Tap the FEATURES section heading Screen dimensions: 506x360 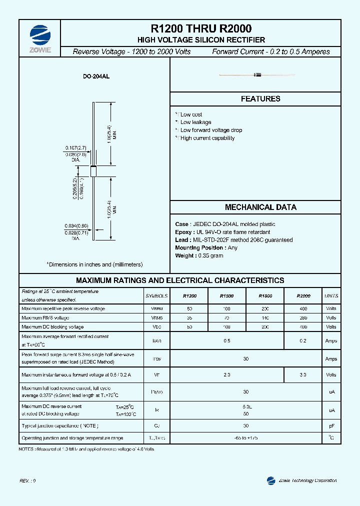click(260, 99)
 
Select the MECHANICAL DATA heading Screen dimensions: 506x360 click(260, 207)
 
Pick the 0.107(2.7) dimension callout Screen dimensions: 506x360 click(76, 148)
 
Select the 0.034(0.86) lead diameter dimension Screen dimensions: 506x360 click(76, 226)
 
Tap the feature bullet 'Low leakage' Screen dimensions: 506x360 click(195, 122)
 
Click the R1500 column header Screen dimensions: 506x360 click(226, 296)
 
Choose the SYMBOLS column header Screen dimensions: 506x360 click(157, 296)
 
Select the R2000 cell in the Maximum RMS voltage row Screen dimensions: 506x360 click(303, 318)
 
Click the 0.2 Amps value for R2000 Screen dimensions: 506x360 click(303, 341)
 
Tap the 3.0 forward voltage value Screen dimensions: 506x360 click(303, 374)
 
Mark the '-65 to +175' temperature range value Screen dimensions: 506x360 click(246, 438)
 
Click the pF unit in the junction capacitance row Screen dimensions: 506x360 click(331, 426)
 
